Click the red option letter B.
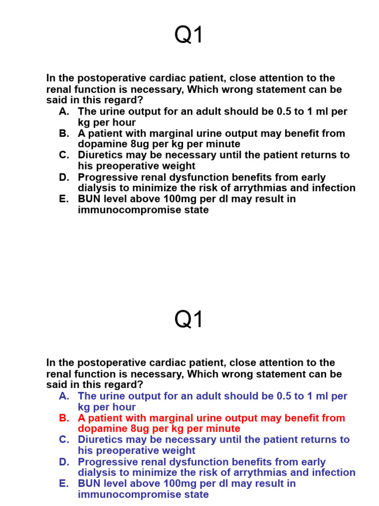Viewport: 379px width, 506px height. click(64, 418)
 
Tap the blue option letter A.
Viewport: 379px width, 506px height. click(64, 396)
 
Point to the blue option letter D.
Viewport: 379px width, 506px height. click(64, 462)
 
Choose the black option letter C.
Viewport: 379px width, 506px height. click(64, 155)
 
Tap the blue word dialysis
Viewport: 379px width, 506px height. click(96, 473)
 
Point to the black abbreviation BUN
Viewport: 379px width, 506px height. click(89, 199)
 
